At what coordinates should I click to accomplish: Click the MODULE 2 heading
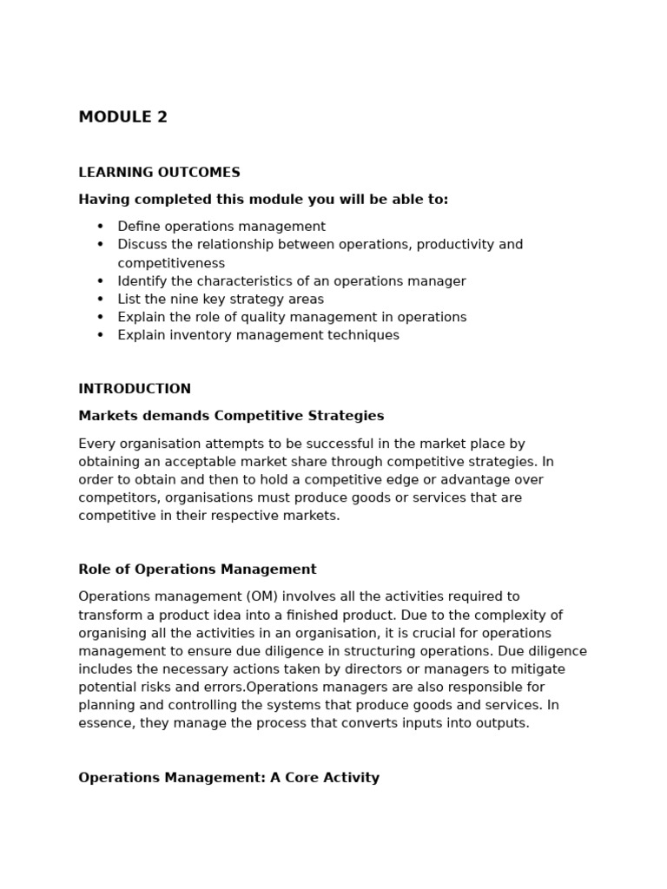[122, 117]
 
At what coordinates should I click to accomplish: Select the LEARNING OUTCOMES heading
[159, 173]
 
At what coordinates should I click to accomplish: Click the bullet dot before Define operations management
[100, 227]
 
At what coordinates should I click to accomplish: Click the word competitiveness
[171, 263]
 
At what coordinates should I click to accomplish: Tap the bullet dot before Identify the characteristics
[100, 281]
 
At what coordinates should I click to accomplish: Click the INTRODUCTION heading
[135, 389]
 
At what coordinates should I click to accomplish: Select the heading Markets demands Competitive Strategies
[231, 416]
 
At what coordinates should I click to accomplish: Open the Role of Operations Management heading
[197, 570]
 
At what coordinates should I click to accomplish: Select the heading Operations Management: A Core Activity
[228, 778]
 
